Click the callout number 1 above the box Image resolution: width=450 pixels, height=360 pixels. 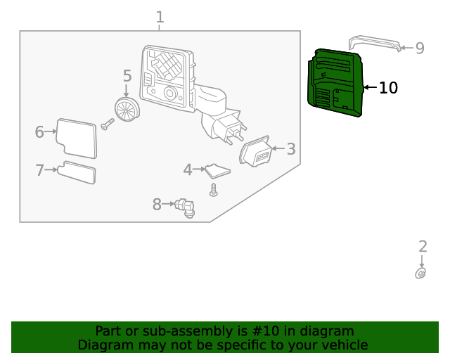pyautogui.click(x=160, y=16)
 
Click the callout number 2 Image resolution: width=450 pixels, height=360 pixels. pyautogui.click(x=423, y=246)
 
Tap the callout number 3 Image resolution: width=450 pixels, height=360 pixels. pyautogui.click(x=290, y=149)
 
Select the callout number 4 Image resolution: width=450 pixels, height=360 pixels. pyautogui.click(x=188, y=169)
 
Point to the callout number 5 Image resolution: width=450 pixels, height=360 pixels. pyautogui.click(x=127, y=76)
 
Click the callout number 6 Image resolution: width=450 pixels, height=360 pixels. pyautogui.click(x=39, y=131)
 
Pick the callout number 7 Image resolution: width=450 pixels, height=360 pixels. pyautogui.click(x=39, y=169)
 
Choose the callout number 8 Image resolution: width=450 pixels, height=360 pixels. pyautogui.click(x=157, y=205)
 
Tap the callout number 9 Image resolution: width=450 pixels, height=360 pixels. pyautogui.click(x=420, y=48)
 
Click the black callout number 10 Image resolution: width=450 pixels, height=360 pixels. pyautogui.click(x=389, y=88)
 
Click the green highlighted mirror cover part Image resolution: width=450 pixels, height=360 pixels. pyautogui.click(x=335, y=82)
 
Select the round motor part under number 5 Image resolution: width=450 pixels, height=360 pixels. pyautogui.click(x=127, y=110)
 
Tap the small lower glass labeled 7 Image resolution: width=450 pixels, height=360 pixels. pyautogui.click(x=77, y=172)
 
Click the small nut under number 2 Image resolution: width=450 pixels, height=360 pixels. pyautogui.click(x=420, y=273)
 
